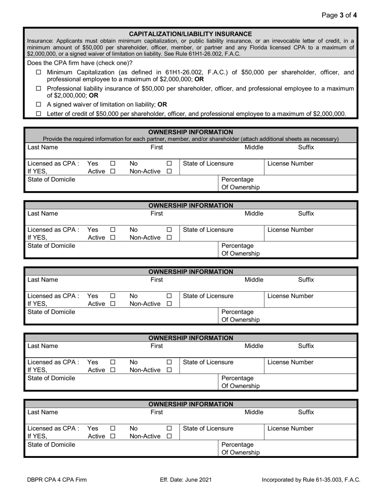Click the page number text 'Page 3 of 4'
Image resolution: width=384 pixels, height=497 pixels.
pos(339,15)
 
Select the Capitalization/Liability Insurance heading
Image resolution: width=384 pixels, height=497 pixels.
pos(190,34)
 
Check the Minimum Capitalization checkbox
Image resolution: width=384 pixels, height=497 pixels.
pos(39,72)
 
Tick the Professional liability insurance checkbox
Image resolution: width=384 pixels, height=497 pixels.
pos(39,88)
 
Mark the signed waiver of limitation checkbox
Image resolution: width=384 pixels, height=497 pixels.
pos(39,104)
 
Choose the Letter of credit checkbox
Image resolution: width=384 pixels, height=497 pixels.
pos(39,114)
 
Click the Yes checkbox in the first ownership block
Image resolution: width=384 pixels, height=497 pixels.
pos(113,164)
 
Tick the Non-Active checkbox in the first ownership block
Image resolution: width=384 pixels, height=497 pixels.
pos(169,171)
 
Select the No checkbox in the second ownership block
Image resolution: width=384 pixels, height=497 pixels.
pos(169,230)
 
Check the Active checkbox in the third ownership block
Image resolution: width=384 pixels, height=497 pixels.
pos(113,304)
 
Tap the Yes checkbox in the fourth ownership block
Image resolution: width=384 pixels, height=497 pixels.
pos(113,362)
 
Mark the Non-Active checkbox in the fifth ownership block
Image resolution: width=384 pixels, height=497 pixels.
pos(169,436)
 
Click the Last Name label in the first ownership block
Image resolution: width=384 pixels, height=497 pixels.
pos(42,147)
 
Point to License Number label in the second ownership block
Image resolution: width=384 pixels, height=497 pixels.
pos(290,230)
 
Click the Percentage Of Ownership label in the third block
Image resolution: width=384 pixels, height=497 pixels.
pos(241,316)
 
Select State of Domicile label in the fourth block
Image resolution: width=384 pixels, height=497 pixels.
pos(51,378)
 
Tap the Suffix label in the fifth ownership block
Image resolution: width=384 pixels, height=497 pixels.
pos(306,412)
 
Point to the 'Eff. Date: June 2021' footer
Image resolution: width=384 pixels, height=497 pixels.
pos(186,480)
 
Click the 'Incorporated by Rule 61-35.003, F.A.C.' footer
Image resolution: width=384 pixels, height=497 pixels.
pos(311,480)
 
